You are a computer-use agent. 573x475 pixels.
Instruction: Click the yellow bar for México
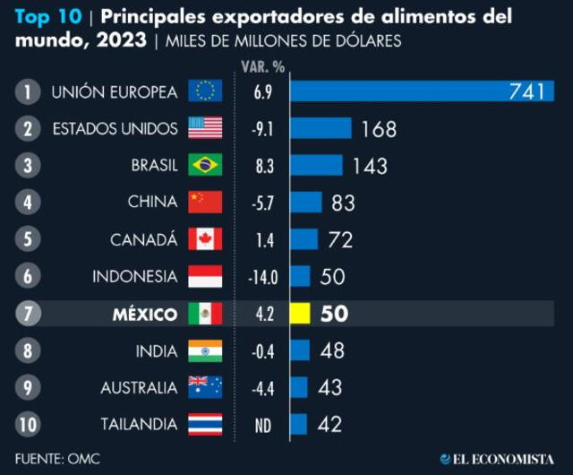click(x=299, y=314)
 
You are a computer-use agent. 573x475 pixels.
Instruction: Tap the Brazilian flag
click(x=205, y=166)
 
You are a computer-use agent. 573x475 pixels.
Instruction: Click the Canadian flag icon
click(x=205, y=240)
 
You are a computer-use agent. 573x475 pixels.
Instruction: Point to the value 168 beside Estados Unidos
click(x=379, y=129)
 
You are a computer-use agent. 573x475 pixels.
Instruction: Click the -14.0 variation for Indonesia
click(x=262, y=277)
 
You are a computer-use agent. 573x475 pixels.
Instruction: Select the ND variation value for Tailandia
click(x=262, y=425)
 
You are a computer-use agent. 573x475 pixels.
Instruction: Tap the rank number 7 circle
click(x=29, y=314)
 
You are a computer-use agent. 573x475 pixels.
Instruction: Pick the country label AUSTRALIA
click(x=138, y=388)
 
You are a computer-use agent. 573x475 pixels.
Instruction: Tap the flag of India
click(x=205, y=350)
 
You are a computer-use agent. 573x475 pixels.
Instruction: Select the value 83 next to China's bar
click(x=344, y=203)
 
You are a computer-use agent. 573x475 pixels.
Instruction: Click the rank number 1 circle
click(x=29, y=91)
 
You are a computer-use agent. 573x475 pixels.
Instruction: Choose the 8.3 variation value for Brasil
click(x=262, y=166)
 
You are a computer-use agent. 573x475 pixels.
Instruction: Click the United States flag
click(x=205, y=129)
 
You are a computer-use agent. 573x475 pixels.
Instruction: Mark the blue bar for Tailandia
click(x=298, y=425)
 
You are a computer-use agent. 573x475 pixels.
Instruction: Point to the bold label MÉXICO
click(x=144, y=314)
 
